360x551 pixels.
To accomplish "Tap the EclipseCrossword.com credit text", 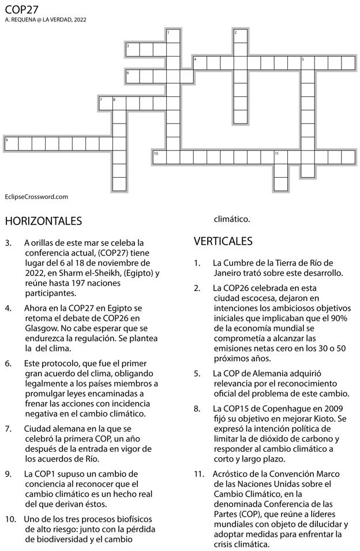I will (x=36, y=197).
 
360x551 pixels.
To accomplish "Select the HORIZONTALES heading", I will (x=43, y=221).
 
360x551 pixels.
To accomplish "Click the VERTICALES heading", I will (x=223, y=241).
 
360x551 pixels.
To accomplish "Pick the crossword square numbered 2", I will (x=240, y=36).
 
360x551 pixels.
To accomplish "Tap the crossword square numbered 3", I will (x=132, y=49).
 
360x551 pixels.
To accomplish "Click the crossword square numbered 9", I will (x=11, y=144).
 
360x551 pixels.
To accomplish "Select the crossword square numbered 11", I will (x=280, y=157).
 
